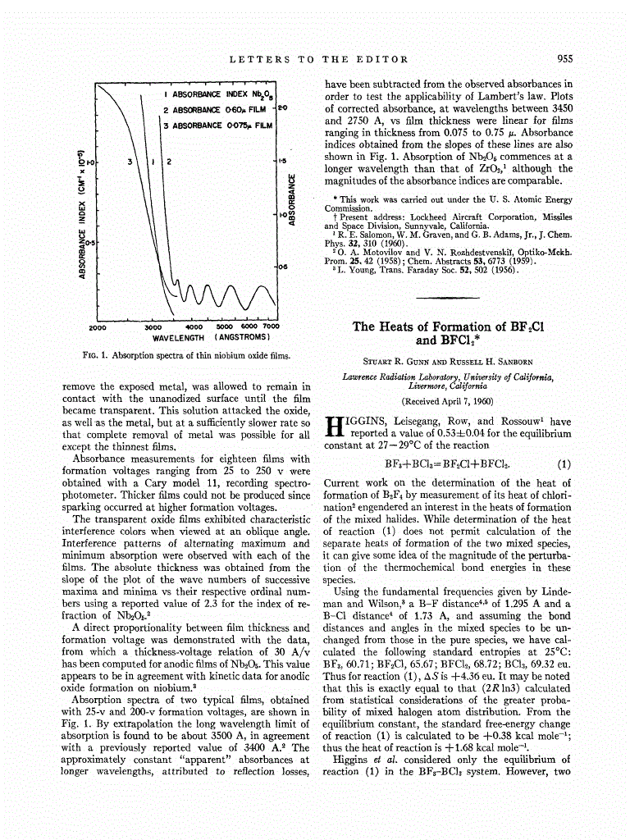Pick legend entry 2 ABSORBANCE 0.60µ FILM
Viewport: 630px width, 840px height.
tap(217, 110)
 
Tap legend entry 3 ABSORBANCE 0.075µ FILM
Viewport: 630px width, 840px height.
tap(217, 126)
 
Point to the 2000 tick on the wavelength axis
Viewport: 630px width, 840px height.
tap(97, 326)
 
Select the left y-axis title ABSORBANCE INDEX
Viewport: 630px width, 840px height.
tap(82, 213)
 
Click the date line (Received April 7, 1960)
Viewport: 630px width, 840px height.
tap(448, 402)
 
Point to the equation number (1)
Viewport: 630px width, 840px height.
tap(564, 463)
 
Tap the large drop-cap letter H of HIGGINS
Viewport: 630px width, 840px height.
tap(333, 427)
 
